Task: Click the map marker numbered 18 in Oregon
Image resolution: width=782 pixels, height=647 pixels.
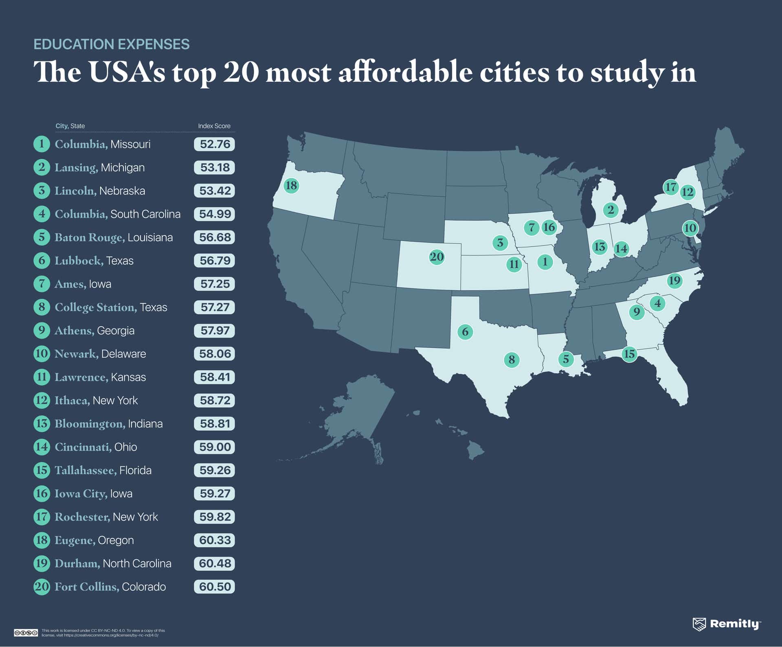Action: tap(291, 186)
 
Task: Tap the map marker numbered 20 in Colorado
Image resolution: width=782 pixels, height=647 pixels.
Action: tap(437, 257)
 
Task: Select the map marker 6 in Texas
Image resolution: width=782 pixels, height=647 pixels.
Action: tap(465, 332)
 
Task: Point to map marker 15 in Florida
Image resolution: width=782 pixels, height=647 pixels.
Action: tap(629, 354)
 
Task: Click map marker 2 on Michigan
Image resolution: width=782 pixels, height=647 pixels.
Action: tap(611, 210)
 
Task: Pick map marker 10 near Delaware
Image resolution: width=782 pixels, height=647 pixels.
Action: tap(690, 228)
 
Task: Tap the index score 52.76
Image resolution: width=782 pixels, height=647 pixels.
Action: tap(215, 144)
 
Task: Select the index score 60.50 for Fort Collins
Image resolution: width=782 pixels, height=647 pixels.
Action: tap(215, 587)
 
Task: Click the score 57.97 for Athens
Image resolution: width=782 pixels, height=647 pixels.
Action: tap(215, 331)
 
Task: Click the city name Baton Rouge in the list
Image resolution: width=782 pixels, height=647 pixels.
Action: tap(89, 237)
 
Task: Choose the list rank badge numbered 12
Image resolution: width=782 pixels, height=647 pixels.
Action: tap(42, 400)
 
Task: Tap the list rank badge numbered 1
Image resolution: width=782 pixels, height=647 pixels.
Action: tap(42, 144)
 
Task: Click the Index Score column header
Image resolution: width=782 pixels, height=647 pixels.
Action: tap(214, 126)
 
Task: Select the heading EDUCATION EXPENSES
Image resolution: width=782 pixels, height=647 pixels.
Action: tap(112, 44)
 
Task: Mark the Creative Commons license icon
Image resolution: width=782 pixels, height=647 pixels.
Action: tap(26, 633)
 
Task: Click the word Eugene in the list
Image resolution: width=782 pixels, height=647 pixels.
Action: tap(75, 540)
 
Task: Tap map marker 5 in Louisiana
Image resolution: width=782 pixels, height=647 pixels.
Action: tap(566, 359)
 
